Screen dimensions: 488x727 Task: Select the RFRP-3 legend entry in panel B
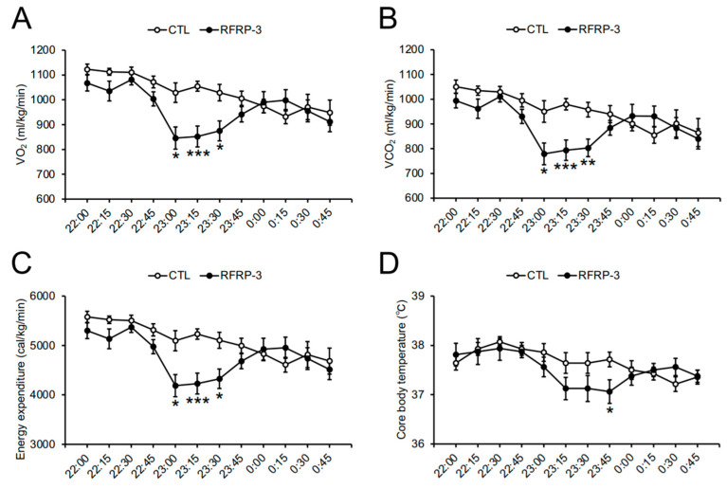coord(587,28)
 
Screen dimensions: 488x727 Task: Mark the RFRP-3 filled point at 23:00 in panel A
coord(175,138)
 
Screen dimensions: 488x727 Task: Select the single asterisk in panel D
coord(609,411)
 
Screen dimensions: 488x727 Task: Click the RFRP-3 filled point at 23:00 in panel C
coord(175,386)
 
